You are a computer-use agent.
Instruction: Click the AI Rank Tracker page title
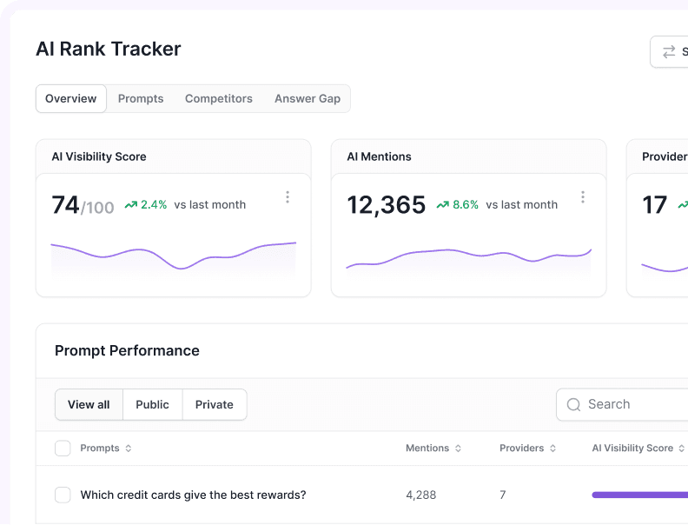tap(108, 50)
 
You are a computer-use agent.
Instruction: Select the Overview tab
tap(70, 99)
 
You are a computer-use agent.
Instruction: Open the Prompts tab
tap(141, 99)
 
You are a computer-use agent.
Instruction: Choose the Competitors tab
tap(218, 99)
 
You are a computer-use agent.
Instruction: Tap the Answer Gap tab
tap(308, 99)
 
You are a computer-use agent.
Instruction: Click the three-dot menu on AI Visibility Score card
tap(288, 197)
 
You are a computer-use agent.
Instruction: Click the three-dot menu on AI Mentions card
tap(583, 197)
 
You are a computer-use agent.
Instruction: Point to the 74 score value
tap(65, 205)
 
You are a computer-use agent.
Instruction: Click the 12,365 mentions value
tap(386, 205)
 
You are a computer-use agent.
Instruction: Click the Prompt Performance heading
tap(127, 351)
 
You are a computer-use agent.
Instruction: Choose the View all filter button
tap(89, 405)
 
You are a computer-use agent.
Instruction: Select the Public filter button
tap(152, 405)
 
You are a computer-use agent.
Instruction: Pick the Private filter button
tap(214, 405)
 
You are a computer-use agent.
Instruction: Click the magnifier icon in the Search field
tap(573, 405)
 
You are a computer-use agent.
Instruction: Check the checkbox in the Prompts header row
tap(63, 449)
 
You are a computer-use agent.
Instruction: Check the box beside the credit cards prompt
tap(63, 495)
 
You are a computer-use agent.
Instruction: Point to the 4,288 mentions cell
tap(420, 495)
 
